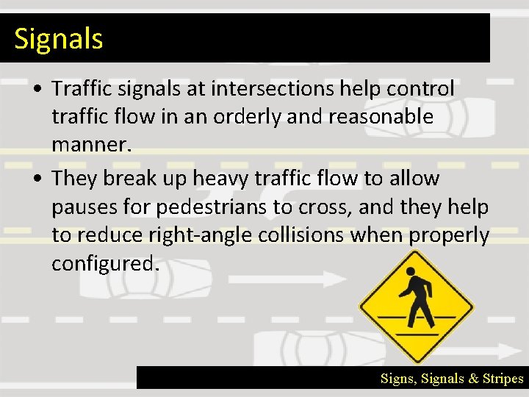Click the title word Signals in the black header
pos(59,38)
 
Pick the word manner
pos(90,144)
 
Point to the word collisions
pos(303,235)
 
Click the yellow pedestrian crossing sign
pos(417,307)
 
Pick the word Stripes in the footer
pos(503,379)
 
